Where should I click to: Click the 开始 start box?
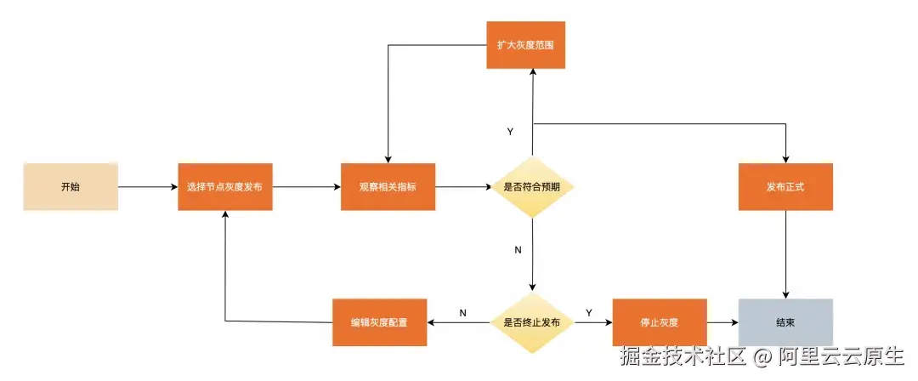click(x=70, y=186)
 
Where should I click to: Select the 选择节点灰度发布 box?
click(x=225, y=186)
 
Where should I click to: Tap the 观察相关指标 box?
click(x=388, y=186)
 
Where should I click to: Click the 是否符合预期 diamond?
click(x=532, y=186)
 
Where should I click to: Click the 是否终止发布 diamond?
click(x=532, y=322)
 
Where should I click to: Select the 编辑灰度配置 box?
click(x=379, y=322)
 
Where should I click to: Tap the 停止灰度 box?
click(x=660, y=322)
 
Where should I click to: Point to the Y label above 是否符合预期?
click(x=510, y=132)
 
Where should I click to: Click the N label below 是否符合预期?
click(x=518, y=250)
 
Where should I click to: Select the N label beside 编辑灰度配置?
click(x=462, y=313)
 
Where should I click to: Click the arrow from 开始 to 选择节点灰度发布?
click(x=147, y=186)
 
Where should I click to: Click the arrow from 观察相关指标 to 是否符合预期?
click(x=463, y=186)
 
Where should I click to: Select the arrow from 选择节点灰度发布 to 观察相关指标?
click(x=306, y=186)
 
